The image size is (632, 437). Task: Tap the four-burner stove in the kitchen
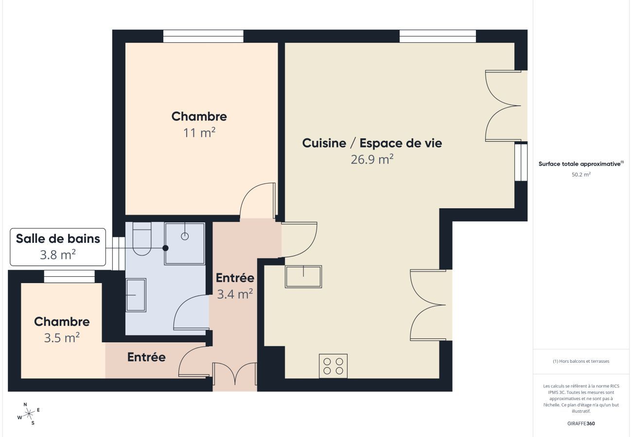pyautogui.click(x=333, y=366)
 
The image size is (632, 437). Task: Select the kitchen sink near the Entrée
pyautogui.click(x=303, y=277)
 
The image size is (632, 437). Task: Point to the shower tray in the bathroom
pyautogui.click(x=185, y=243)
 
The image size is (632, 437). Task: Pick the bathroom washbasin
pyautogui.click(x=136, y=295)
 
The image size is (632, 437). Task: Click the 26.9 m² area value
pyautogui.click(x=372, y=159)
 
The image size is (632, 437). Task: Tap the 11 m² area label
pyautogui.click(x=199, y=133)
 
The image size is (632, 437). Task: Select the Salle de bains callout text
pyautogui.click(x=58, y=238)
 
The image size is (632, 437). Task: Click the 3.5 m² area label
pyautogui.click(x=62, y=337)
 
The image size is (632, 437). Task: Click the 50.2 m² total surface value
pyautogui.click(x=581, y=174)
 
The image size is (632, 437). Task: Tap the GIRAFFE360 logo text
pyautogui.click(x=581, y=423)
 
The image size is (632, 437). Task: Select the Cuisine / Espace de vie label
pyautogui.click(x=372, y=143)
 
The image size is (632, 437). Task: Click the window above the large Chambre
pyautogui.click(x=203, y=36)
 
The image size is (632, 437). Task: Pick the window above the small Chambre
pyautogui.click(x=69, y=276)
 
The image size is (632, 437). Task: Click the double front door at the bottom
pyautogui.click(x=235, y=376)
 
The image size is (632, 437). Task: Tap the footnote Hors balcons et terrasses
pyautogui.click(x=581, y=361)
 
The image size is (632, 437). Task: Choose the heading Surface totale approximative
pyautogui.click(x=581, y=164)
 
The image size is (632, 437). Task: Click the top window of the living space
pyautogui.click(x=438, y=36)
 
